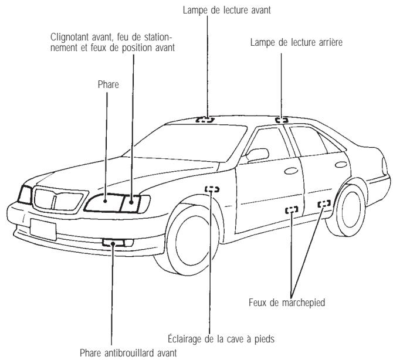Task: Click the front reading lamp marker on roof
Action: coord(205,119)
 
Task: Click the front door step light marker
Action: coord(292,209)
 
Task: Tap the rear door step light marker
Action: coord(324,203)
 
